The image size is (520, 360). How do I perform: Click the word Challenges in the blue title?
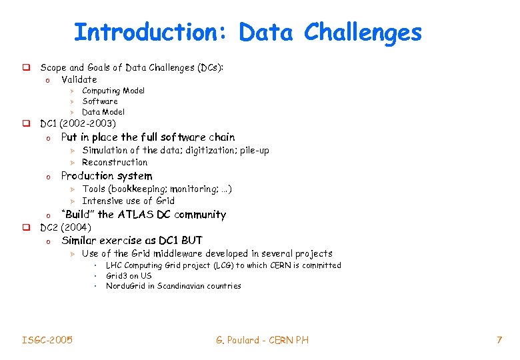pyautogui.click(x=363, y=32)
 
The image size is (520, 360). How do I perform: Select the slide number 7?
pyautogui.click(x=498, y=340)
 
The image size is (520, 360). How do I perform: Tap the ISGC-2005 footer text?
pyautogui.click(x=47, y=340)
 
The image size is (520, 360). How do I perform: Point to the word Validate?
pyautogui.click(x=79, y=79)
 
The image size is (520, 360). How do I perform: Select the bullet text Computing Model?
pyautogui.click(x=113, y=91)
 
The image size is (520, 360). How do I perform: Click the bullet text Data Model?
pyautogui.click(x=103, y=112)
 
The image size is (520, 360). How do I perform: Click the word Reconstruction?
pyautogui.click(x=115, y=162)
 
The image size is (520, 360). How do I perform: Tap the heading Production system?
pyautogui.click(x=106, y=176)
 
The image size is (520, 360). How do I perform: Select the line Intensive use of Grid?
pyautogui.click(x=128, y=201)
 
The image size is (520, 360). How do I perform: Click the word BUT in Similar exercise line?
pyautogui.click(x=191, y=240)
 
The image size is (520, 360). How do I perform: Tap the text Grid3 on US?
pyautogui.click(x=129, y=275)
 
